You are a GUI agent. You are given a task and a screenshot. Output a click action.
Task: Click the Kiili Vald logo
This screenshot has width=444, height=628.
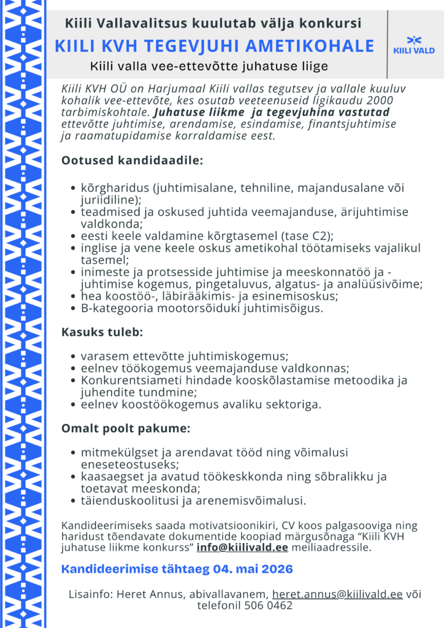point(414,45)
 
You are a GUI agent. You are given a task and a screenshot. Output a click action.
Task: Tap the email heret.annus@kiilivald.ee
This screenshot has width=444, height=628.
point(337,594)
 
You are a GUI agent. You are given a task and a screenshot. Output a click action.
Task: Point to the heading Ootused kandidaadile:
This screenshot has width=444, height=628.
point(132,161)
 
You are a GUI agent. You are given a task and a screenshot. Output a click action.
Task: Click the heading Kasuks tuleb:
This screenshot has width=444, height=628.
point(102,332)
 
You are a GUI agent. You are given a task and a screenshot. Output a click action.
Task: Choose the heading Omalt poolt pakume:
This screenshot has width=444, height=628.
point(126,428)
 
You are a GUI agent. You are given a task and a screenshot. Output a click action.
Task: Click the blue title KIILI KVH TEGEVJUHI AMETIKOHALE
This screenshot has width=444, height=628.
point(214,46)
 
